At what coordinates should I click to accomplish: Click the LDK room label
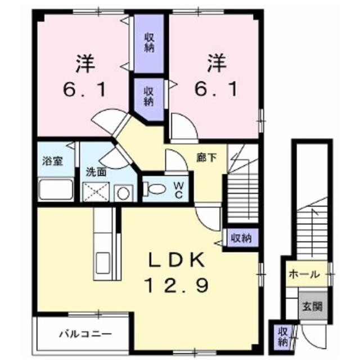tap(177, 260)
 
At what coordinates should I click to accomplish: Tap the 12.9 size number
tap(177, 285)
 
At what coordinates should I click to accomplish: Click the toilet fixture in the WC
tap(154, 189)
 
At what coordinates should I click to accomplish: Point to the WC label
tap(178, 190)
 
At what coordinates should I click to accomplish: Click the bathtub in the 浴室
tap(56, 190)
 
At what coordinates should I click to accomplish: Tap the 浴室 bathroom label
tap(52, 161)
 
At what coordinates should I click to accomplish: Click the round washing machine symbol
tap(124, 193)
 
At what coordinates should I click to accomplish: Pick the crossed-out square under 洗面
tap(96, 192)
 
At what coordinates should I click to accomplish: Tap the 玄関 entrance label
tap(313, 306)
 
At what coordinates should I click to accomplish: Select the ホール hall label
tap(304, 274)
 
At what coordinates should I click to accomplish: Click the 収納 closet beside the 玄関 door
tap(282, 337)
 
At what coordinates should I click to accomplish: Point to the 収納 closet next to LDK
tap(241, 238)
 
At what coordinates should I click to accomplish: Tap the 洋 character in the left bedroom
tap(85, 63)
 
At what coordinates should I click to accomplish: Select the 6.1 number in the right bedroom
tap(216, 89)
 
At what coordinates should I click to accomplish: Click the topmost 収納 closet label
tap(149, 43)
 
